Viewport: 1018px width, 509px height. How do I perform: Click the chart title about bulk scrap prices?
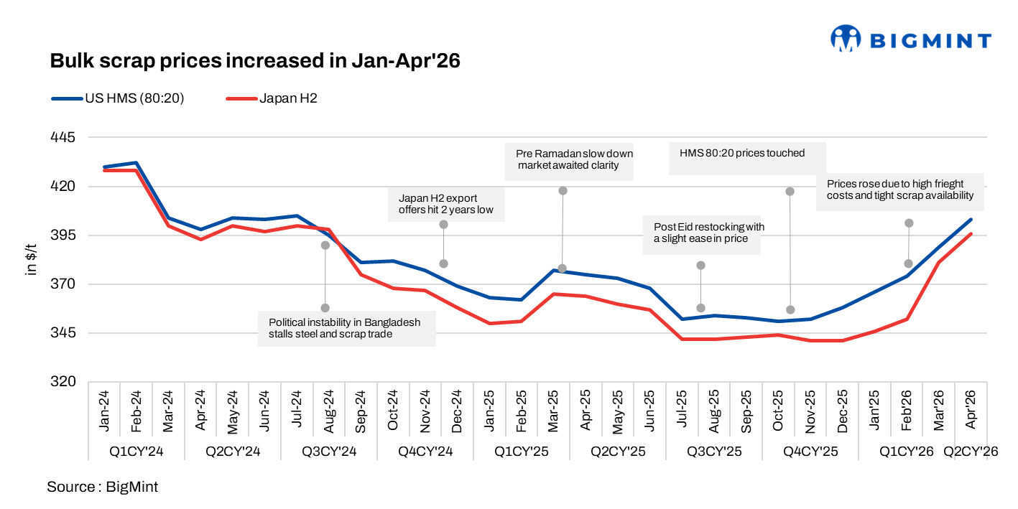tap(255, 60)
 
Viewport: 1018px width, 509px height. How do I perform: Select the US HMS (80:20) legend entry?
tap(118, 98)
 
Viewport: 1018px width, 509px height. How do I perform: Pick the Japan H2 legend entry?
tap(272, 98)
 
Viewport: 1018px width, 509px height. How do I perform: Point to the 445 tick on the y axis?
tap(63, 137)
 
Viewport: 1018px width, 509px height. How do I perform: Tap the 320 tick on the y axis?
tap(63, 381)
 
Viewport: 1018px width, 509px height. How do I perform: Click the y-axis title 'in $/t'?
tap(30, 259)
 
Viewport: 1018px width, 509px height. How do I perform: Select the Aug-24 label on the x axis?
tap(328, 411)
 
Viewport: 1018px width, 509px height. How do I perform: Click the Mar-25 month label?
tap(553, 411)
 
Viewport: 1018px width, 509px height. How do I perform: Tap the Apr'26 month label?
tap(971, 409)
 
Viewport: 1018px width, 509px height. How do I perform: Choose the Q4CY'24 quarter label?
tap(425, 452)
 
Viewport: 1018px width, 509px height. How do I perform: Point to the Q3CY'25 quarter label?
tap(714, 452)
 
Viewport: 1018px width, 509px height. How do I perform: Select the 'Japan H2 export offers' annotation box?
tap(446, 205)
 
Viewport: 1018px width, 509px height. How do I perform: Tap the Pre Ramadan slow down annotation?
tap(569, 162)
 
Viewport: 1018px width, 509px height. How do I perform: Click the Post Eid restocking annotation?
tap(702, 235)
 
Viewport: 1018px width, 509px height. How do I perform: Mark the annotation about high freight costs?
tap(900, 192)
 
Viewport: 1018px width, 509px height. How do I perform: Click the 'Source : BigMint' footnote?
tap(102, 487)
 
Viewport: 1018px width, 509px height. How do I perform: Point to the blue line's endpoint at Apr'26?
tap(971, 219)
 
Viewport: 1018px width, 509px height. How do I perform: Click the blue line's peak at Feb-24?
tap(136, 162)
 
